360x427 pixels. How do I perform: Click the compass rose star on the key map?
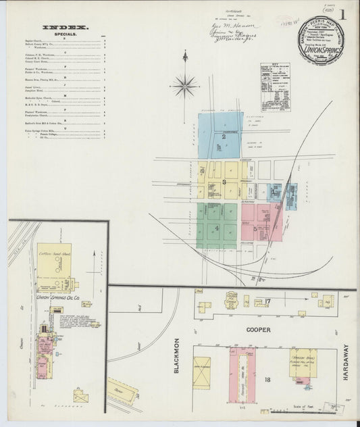(x=184, y=84)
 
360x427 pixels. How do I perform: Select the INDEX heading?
(x=59, y=27)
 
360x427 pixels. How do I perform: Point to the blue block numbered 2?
(x=222, y=136)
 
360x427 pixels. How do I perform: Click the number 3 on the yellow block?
(x=223, y=182)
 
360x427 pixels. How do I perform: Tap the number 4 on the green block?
(x=217, y=228)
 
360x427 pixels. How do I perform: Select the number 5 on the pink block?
(x=255, y=229)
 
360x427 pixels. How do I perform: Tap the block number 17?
(x=267, y=301)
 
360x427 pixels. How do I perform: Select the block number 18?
(x=267, y=380)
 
